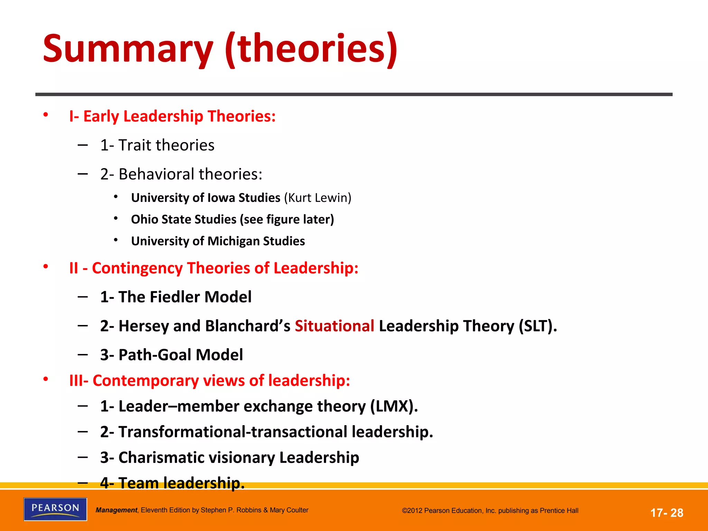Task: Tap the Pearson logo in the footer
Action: (55, 509)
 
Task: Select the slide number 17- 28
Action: (667, 513)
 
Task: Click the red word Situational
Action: (334, 326)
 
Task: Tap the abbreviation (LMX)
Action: (394, 406)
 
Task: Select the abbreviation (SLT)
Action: (538, 326)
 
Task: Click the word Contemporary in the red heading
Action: (146, 381)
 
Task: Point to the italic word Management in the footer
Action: (116, 510)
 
